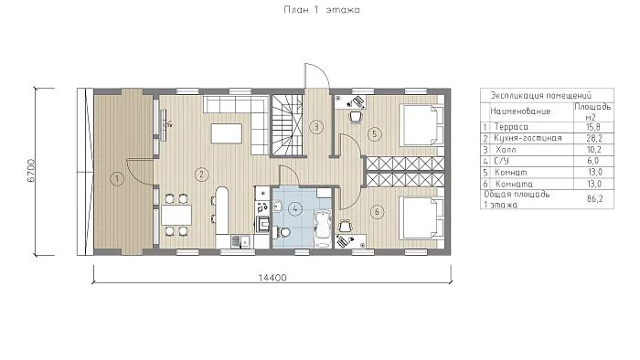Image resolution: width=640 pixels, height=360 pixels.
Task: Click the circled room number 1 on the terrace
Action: pyautogui.click(x=117, y=178)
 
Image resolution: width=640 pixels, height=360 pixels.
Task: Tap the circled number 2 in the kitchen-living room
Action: pyautogui.click(x=201, y=175)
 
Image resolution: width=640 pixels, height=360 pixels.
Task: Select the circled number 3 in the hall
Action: pyautogui.click(x=316, y=127)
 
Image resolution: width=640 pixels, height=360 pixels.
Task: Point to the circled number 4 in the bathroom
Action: pyautogui.click(x=294, y=209)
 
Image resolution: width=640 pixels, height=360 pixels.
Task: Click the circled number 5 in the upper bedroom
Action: pyautogui.click(x=375, y=134)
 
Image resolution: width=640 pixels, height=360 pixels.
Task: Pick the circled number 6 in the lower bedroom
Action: pyautogui.click(x=377, y=212)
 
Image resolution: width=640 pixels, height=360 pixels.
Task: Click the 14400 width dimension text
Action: pyautogui.click(x=272, y=278)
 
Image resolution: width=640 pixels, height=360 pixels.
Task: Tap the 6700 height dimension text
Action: pyautogui.click(x=31, y=171)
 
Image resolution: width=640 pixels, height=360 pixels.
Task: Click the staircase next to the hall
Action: pyautogui.click(x=288, y=125)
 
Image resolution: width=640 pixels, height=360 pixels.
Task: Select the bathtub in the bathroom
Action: pyautogui.click(x=323, y=228)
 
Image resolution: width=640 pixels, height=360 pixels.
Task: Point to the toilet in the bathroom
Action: pyautogui.click(x=283, y=232)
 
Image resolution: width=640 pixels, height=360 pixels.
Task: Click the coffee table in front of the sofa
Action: pyautogui.click(x=226, y=133)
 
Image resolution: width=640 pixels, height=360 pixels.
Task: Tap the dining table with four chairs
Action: pyautogui.click(x=176, y=216)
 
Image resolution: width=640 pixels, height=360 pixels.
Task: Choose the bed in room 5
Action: pyautogui.click(x=422, y=125)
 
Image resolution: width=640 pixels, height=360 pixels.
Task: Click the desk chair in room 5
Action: pyautogui.click(x=356, y=117)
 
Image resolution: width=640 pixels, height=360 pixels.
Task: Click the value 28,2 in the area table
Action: pyautogui.click(x=594, y=138)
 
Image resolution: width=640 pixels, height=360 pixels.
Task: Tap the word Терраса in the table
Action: pyautogui.click(x=511, y=127)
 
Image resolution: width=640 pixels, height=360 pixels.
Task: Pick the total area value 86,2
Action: pyautogui.click(x=594, y=199)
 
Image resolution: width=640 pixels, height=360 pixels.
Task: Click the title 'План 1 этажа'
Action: pyautogui.click(x=322, y=9)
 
